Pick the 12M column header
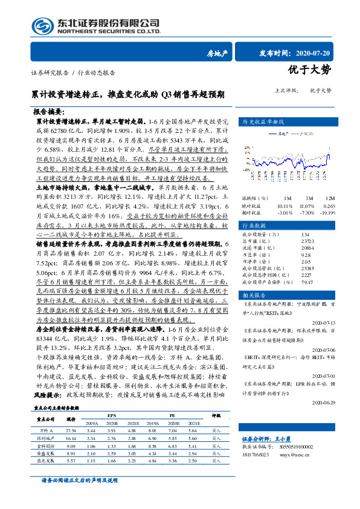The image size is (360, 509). (329, 198)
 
